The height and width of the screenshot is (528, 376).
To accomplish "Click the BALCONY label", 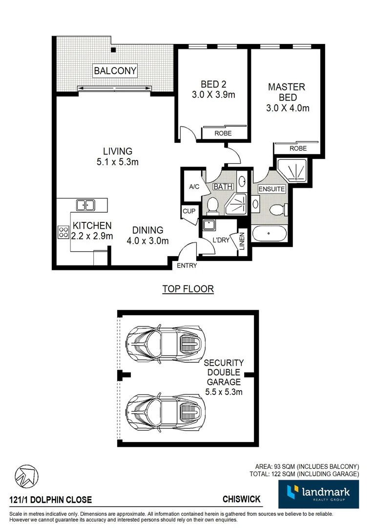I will pos(115,71).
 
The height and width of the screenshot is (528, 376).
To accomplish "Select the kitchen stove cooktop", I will pos(63,232).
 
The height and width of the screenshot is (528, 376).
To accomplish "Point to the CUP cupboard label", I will pos(189,211).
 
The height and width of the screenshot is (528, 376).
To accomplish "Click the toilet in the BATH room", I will pos(213,205).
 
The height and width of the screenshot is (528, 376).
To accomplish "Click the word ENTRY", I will pos(187,265).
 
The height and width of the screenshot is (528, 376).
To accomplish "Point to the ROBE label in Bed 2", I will pos(223,133).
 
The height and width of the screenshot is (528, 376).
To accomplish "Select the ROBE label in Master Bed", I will pos(298,148).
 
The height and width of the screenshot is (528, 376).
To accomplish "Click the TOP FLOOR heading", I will pos(188,289).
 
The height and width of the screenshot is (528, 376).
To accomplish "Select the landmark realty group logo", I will pos(318,494).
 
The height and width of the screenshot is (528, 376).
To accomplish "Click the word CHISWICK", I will pos(242,500).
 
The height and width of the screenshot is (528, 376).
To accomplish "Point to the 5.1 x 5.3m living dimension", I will pos(117,162).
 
